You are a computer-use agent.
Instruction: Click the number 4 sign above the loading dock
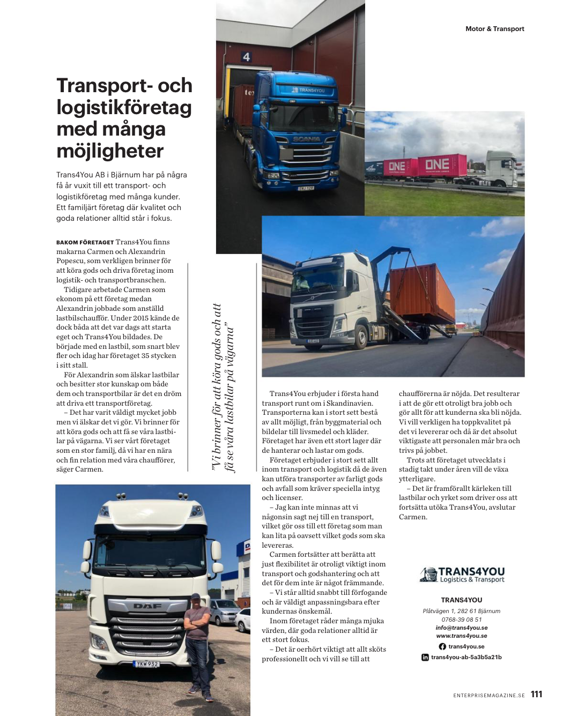pyautogui.click(x=246, y=57)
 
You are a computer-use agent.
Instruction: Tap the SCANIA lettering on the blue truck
pyautogui.click(x=307, y=139)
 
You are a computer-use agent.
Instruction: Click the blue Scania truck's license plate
pyautogui.click(x=306, y=188)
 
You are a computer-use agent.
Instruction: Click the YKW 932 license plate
pyautogui.click(x=146, y=664)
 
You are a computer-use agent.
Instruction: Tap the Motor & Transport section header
pyautogui.click(x=494, y=29)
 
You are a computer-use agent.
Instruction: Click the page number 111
pyautogui.click(x=536, y=694)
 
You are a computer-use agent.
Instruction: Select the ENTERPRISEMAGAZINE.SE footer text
pyautogui.click(x=488, y=696)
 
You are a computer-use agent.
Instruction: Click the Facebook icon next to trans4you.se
pyautogui.click(x=442, y=646)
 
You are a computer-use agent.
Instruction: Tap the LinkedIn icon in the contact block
pyautogui.click(x=425, y=657)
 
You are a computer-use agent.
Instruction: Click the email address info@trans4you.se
pyautogui.click(x=461, y=628)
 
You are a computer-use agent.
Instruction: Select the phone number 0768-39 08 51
pyautogui.click(x=461, y=620)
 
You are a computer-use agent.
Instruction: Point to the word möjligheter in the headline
pyautogui.click(x=110, y=151)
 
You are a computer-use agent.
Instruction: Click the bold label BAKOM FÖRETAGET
pyautogui.click(x=85, y=242)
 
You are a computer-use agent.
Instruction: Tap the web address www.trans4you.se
pyautogui.click(x=461, y=636)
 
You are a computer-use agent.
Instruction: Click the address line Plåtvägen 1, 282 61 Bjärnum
pyautogui.click(x=461, y=611)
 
